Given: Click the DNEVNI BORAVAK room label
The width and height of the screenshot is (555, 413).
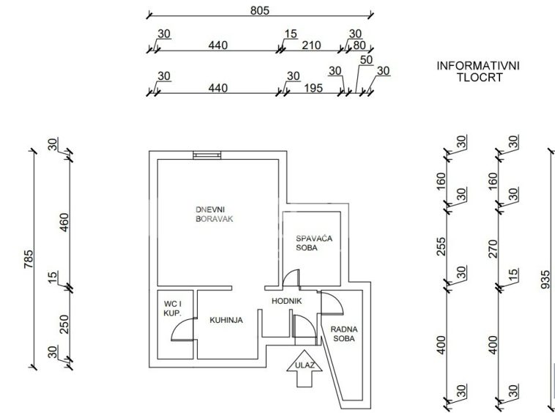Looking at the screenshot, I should (215, 213).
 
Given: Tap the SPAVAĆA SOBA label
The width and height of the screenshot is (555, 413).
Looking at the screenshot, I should (311, 242).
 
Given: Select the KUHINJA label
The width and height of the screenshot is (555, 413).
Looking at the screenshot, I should (226, 320).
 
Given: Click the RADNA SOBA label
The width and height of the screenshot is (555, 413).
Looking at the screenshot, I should (343, 334).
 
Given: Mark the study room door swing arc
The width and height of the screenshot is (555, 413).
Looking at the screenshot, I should (331, 302).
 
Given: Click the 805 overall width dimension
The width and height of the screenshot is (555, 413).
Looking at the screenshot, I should (260, 10).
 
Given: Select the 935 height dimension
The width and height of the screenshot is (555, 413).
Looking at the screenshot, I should (545, 278).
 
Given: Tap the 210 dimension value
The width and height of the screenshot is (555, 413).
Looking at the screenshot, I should (311, 45).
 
